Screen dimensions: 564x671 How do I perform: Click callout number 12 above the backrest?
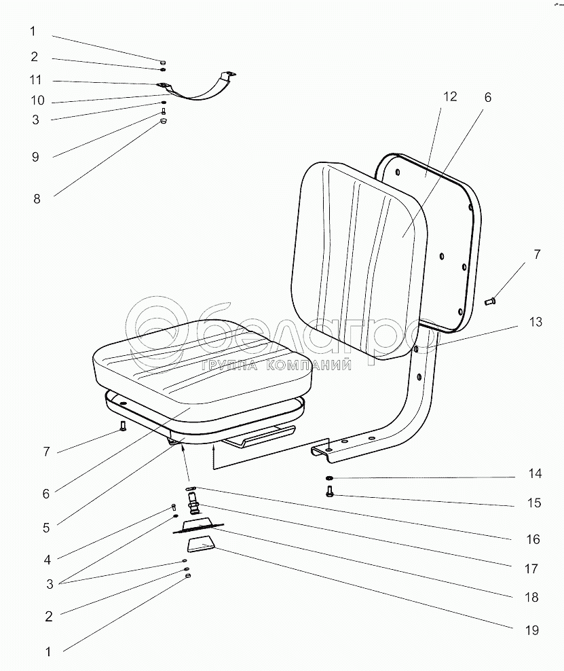click(x=450, y=96)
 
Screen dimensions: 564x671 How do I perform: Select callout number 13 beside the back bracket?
click(x=535, y=322)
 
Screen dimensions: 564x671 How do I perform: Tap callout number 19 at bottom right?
click(x=532, y=630)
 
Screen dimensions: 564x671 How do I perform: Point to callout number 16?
click(x=533, y=539)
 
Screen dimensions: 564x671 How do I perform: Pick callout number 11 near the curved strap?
click(x=35, y=79)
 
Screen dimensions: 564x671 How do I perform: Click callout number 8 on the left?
click(x=37, y=198)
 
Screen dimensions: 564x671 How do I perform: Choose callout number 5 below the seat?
click(x=46, y=528)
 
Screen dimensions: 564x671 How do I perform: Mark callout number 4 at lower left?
click(x=47, y=560)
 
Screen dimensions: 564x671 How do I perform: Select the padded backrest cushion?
click(x=359, y=259)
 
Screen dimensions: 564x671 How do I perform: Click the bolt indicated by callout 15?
click(x=329, y=492)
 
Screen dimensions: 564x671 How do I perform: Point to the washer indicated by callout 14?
click(x=329, y=477)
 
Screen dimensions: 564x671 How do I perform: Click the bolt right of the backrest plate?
click(x=490, y=302)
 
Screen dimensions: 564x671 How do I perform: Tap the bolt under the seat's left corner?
click(x=123, y=426)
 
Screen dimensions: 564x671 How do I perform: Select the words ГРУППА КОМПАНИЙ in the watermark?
click(x=276, y=365)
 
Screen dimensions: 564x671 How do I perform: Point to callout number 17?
click(x=531, y=568)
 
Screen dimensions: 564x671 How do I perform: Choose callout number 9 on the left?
click(x=35, y=157)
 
